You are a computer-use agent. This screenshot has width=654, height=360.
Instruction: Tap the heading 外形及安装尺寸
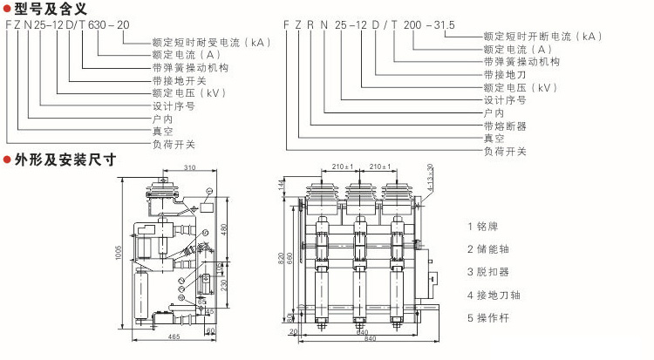65,160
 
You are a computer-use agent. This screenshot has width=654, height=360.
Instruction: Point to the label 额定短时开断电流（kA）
542,36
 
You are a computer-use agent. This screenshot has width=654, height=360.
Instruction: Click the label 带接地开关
179,79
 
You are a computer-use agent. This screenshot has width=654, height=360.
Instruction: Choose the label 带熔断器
506,126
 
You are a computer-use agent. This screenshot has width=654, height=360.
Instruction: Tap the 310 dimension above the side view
189,166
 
